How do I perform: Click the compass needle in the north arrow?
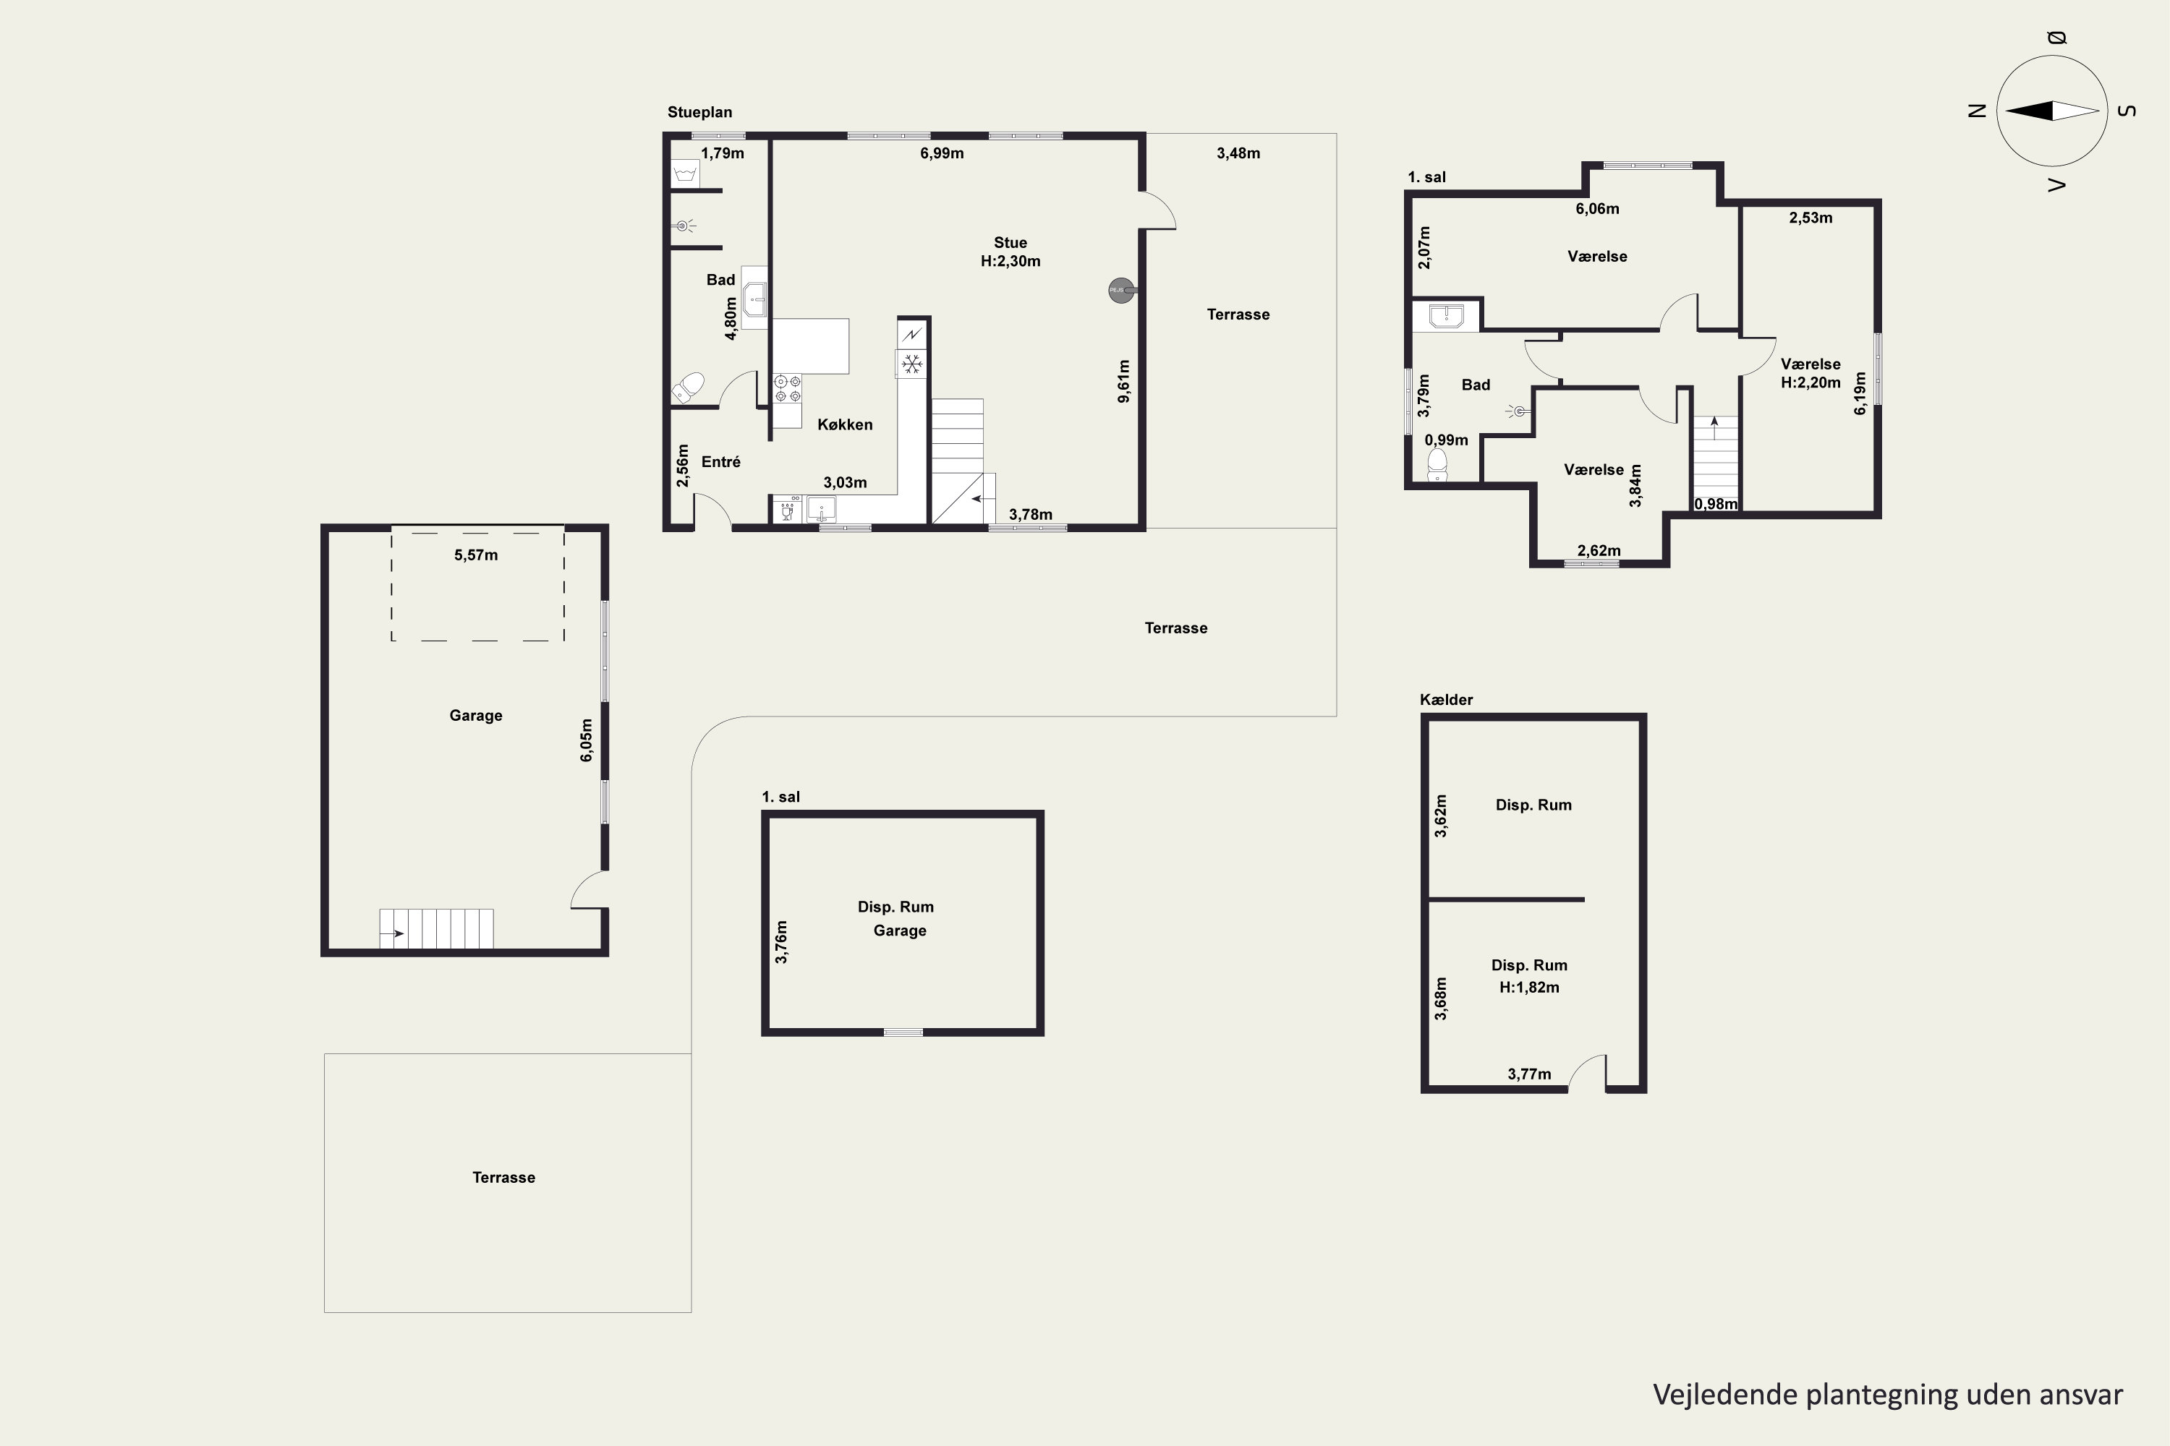(2053, 111)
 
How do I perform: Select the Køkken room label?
(844, 424)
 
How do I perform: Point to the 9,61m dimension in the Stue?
(1124, 381)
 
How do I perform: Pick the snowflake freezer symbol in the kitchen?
(911, 364)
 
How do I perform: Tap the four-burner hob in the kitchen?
(787, 388)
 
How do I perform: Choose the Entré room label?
(720, 462)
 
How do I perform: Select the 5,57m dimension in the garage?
(476, 555)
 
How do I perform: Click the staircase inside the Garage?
(436, 928)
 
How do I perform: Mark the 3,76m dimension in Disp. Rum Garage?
(781, 941)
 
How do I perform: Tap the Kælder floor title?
(1446, 700)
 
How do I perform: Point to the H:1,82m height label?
(1529, 988)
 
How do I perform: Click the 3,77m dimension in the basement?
(1529, 1074)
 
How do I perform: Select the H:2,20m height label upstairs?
(1811, 382)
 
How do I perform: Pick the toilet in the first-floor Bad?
(1437, 465)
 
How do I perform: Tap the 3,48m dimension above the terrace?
(1238, 153)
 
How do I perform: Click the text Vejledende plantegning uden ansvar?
(1888, 1395)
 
